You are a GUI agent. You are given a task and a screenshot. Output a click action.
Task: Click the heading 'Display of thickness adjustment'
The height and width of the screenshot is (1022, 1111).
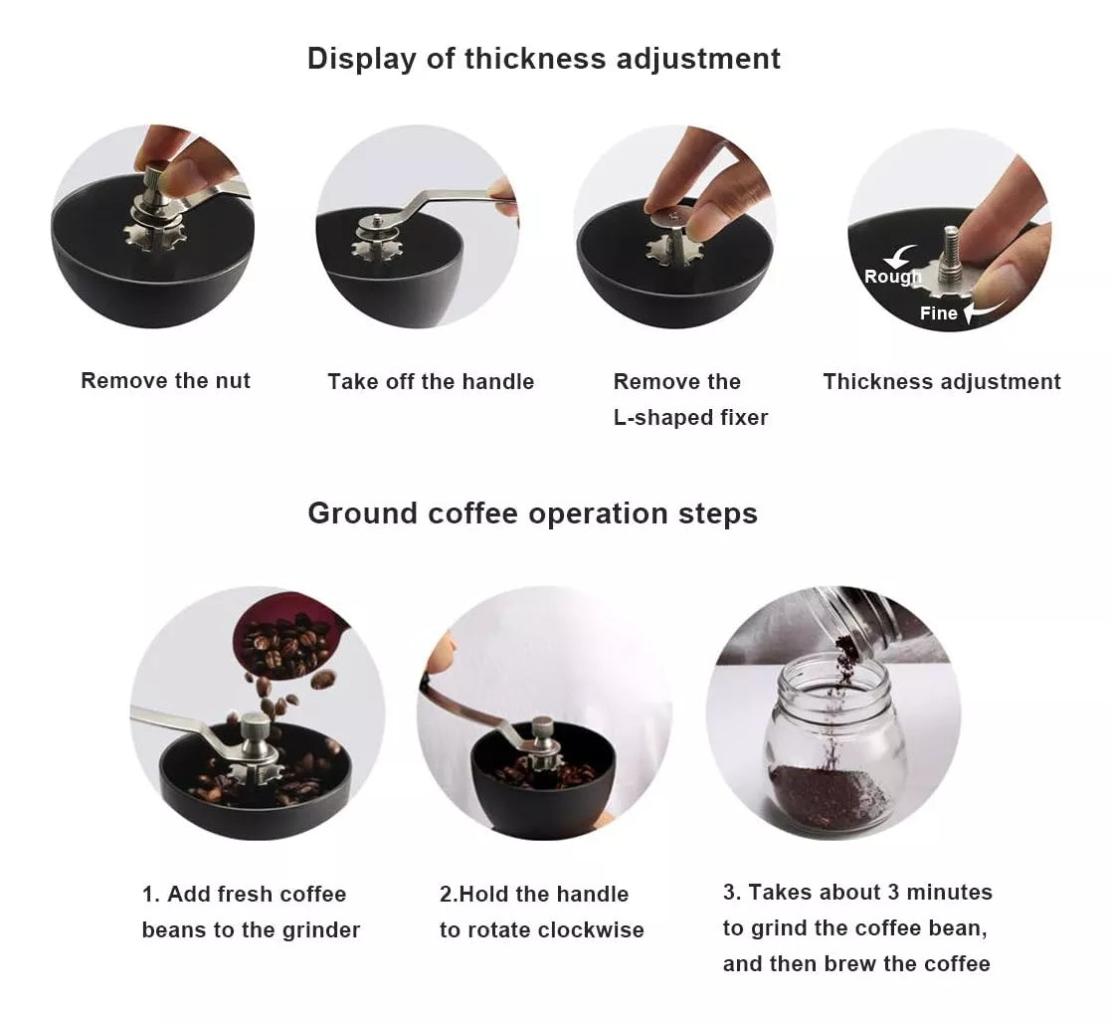[543, 59]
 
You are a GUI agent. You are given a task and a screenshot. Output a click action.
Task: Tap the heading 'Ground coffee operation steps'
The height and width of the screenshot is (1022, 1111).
[533, 513]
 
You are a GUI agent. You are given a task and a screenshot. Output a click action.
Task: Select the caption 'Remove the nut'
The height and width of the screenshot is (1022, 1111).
[166, 380]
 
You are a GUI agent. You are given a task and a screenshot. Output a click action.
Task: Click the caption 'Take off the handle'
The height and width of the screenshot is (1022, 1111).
[431, 381]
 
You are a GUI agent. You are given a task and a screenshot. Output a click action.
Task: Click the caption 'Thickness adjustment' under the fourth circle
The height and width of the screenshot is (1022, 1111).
[942, 381]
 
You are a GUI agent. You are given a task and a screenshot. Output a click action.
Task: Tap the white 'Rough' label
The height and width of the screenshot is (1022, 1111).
[893, 277]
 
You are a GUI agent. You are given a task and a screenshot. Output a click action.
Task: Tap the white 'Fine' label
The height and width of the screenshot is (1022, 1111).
[938, 313]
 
